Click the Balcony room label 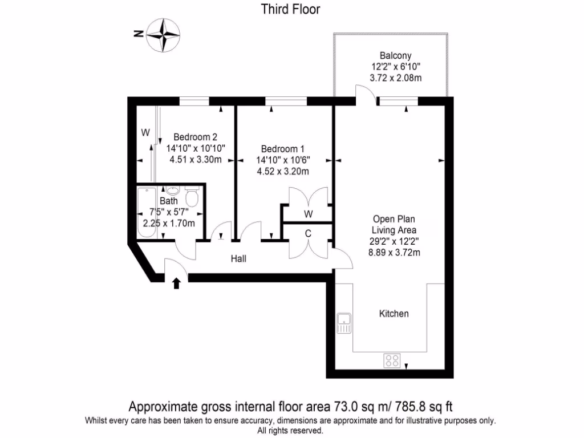(395, 56)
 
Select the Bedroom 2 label (196, 137)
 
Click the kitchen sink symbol (344, 323)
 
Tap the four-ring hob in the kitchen (392, 360)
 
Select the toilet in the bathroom (192, 198)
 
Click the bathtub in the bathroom (148, 214)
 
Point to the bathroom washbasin (173, 191)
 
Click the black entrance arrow (176, 282)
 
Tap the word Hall (238, 259)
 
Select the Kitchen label (394, 314)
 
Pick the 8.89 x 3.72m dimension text (395, 252)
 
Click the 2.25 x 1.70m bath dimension (169, 223)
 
